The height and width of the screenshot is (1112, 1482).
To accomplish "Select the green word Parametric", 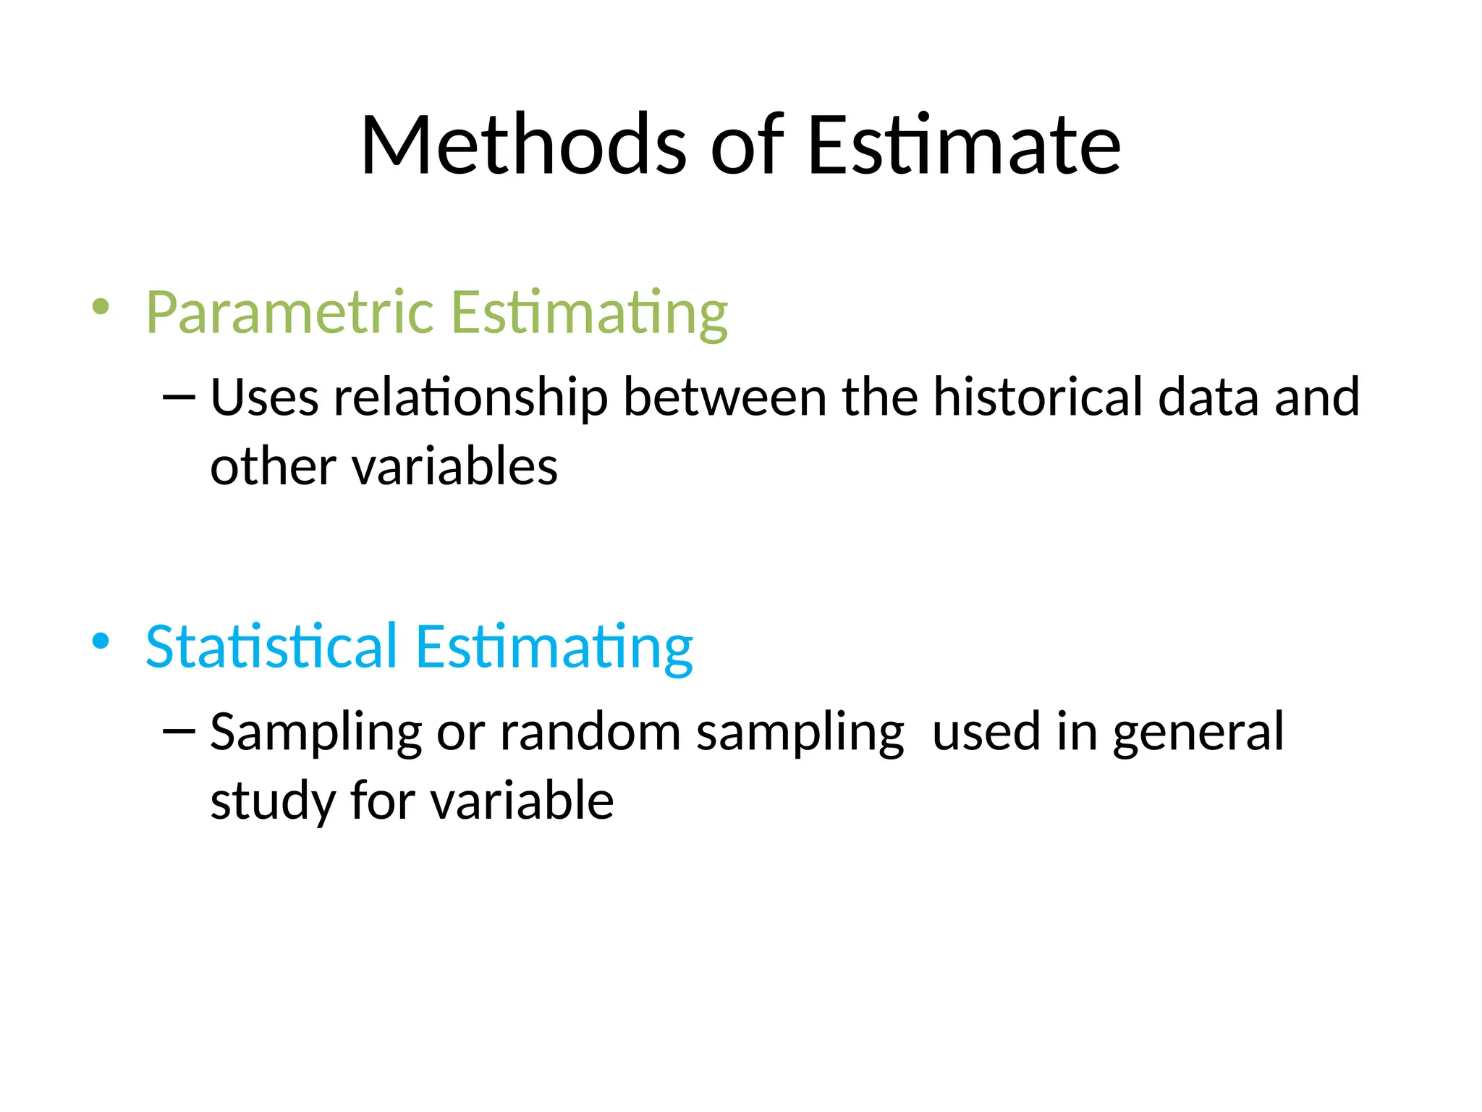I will (289, 313).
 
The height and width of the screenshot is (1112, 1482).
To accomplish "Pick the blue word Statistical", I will (271, 646).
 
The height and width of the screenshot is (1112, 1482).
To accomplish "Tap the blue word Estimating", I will (554, 646).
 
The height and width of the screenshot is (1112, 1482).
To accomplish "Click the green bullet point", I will (101, 307).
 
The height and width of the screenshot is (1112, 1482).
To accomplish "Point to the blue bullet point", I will (101, 641).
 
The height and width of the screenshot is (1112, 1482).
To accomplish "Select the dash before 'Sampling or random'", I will (179, 731).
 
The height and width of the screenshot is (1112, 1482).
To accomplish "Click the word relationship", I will (470, 398).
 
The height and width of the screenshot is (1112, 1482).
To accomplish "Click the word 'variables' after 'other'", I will (455, 466).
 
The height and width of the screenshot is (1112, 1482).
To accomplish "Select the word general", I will (1198, 733).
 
